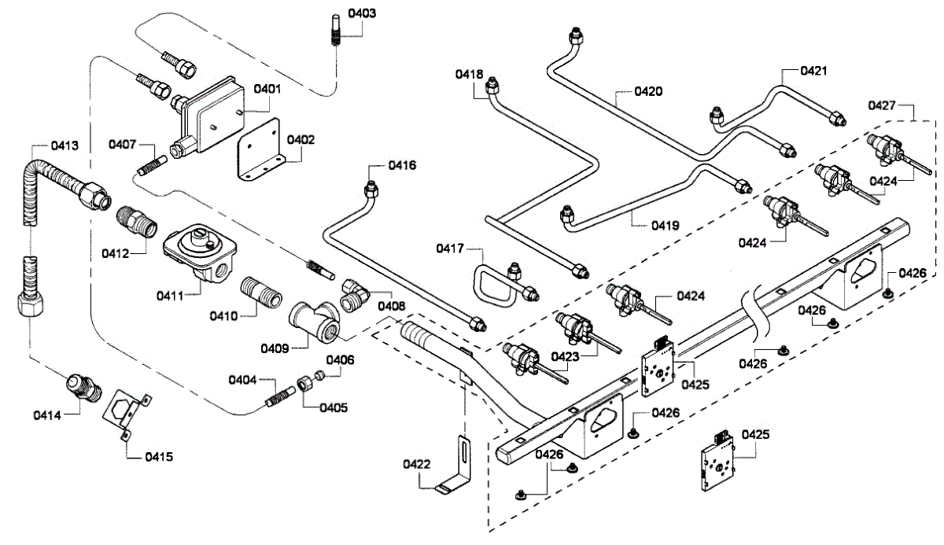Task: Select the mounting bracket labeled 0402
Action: point(260,150)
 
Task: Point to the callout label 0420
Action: point(649,91)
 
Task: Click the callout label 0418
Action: point(469,74)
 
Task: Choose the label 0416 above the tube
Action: point(402,165)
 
